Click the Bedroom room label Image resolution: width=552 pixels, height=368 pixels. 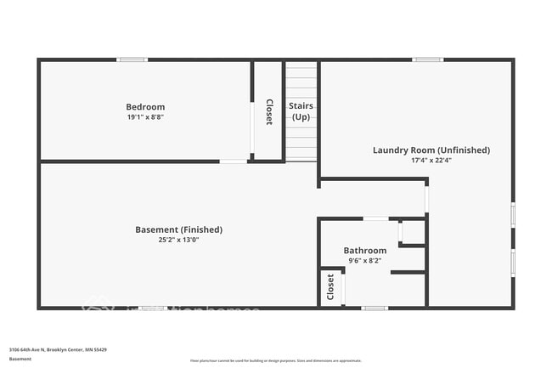tap(145, 107)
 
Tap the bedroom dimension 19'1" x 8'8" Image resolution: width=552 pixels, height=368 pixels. tap(145, 117)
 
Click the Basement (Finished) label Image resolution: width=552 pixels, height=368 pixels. tap(178, 229)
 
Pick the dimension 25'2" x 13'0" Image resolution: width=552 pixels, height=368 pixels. tap(178, 240)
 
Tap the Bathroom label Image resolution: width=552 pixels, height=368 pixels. tap(364, 251)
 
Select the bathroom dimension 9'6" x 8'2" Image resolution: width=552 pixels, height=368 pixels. tap(364, 261)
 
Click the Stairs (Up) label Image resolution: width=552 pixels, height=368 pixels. tap(301, 111)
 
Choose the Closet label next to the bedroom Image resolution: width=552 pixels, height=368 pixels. tap(269, 111)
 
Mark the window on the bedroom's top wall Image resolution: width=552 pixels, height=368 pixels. tap(132, 59)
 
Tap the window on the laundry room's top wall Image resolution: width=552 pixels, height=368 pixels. tap(427, 59)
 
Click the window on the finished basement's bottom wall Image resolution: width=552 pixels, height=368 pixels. tap(152, 308)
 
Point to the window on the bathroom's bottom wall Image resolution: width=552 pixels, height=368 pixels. tap(375, 308)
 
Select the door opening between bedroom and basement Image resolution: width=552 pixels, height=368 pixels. tap(234, 161)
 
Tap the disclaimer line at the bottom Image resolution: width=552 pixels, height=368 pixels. tap(275, 360)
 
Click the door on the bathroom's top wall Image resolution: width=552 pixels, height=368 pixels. tap(375, 219)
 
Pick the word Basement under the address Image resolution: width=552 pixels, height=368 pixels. tap(20, 360)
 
